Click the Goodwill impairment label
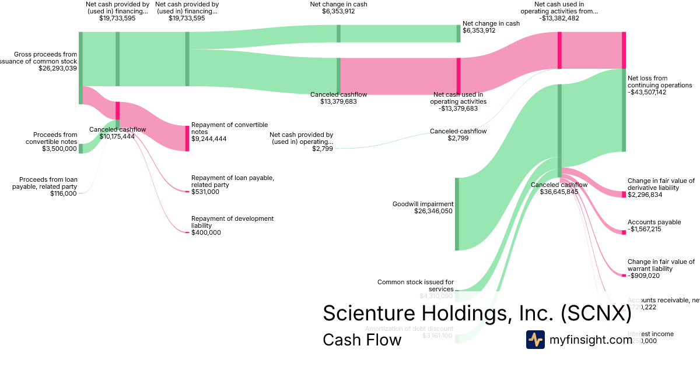click(422, 204)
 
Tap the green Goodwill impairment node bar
click(457, 214)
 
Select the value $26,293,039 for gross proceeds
click(57, 68)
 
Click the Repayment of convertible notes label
click(229, 128)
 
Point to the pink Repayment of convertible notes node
click(187, 138)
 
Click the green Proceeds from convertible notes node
click(80, 149)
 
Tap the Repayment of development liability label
click(232, 222)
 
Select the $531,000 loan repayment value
click(205, 192)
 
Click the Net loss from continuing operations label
click(659, 82)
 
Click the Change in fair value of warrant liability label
click(661, 266)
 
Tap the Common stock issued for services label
click(415, 285)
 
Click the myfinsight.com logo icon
click(535, 339)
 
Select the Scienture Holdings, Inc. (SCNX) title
click(477, 313)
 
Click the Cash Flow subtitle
click(362, 340)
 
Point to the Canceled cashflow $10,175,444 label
click(117, 133)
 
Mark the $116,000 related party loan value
click(63, 193)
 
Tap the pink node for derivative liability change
click(624, 194)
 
